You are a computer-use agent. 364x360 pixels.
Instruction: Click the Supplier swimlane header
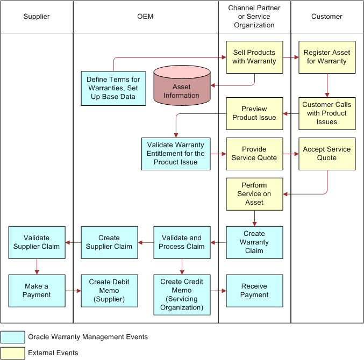[37, 17]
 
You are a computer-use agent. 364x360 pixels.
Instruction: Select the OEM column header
[145, 17]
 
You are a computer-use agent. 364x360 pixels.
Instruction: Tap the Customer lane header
[327, 17]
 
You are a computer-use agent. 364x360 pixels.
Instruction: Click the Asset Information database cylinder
[182, 87]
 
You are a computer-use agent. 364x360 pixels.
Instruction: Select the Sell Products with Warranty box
[254, 57]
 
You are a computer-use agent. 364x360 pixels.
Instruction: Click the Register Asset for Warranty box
[327, 57]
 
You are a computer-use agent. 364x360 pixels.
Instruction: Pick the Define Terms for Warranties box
[113, 88]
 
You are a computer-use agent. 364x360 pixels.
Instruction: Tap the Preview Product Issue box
[254, 113]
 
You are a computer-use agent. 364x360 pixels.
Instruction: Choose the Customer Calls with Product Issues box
[327, 113]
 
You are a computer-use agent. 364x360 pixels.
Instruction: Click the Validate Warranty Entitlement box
[176, 154]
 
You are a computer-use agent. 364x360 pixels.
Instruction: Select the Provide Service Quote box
[254, 154]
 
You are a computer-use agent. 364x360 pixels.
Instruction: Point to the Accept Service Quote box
[327, 154]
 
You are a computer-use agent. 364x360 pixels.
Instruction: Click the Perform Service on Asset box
[254, 194]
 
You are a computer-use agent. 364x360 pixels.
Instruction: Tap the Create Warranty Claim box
[254, 242]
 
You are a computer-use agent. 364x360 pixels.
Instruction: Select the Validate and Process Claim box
[182, 242]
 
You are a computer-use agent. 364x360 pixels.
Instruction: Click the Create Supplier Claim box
[109, 242]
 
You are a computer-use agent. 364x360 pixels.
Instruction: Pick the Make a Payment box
[37, 291]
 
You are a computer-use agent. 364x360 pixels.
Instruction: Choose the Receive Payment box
[254, 291]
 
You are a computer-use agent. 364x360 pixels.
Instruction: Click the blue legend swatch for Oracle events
[13, 337]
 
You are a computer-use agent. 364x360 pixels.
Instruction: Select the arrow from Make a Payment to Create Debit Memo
[73, 291]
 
